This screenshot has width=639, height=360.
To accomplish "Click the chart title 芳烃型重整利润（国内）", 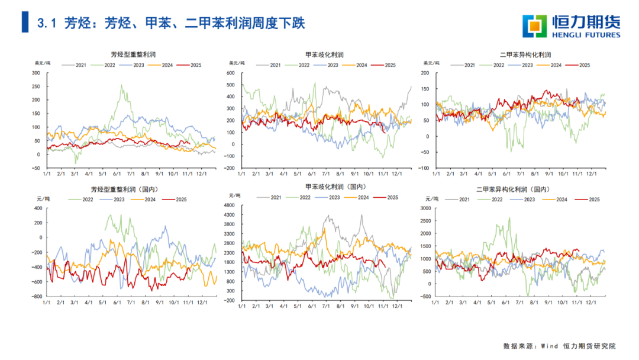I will point(128,189).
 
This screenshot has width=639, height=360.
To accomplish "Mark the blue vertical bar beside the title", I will point(24,22).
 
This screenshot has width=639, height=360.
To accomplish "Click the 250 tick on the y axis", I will point(35,86).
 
